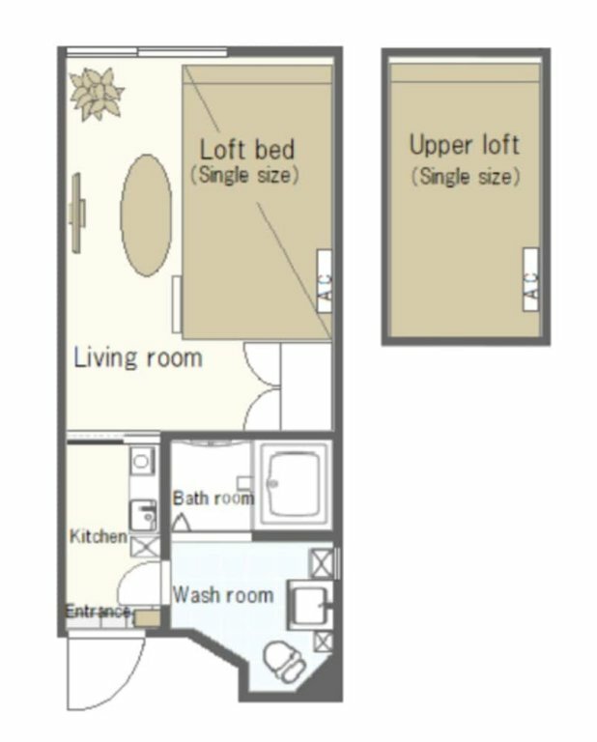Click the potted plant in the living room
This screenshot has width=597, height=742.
pos(97,93)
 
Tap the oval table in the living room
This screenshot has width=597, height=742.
pos(146,215)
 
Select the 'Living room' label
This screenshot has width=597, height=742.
pos(138,357)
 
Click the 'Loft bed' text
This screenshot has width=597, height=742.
pos(247,149)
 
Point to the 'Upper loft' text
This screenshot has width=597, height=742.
pos(464,144)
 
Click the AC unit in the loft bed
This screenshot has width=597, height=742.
pos(325,281)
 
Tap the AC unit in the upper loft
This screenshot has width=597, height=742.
pos(530,279)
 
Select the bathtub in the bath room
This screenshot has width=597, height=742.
pos(294,485)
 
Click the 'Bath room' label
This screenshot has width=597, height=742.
pos(213,499)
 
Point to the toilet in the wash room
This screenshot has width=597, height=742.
pos(284,662)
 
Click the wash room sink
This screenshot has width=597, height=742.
pos(310,604)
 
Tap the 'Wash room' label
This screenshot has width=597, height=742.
pos(223,595)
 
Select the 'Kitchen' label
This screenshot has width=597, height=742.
pos(99,536)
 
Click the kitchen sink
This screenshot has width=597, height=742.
pos(143,515)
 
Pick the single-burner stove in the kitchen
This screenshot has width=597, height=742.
pos(141,461)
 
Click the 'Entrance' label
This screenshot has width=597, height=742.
pos(98,612)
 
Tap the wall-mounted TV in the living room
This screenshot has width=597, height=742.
pos(77,213)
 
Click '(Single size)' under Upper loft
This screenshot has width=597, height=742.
pos(466,177)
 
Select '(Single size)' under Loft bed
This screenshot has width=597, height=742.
pos(244,175)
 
